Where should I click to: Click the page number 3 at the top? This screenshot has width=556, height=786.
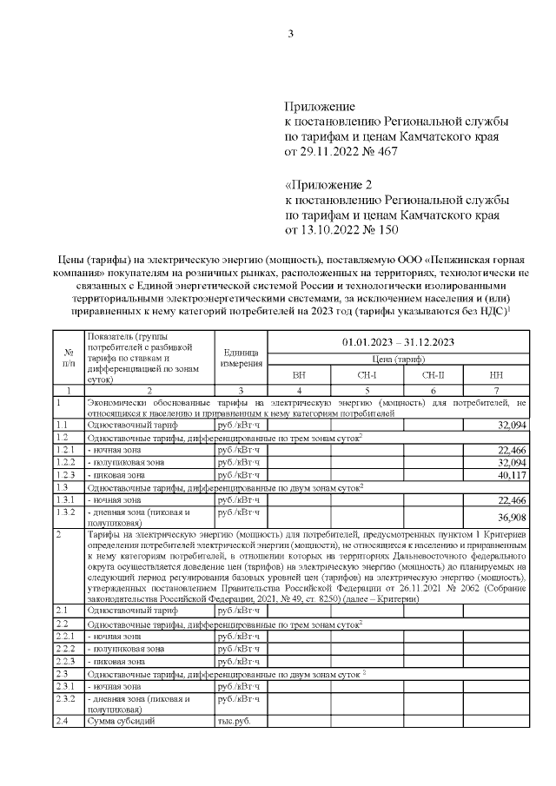pos(291,34)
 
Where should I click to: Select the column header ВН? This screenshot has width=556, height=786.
pos(299,375)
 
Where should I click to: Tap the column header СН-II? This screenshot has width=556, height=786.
pos(433,375)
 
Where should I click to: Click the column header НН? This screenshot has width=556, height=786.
pos(495,375)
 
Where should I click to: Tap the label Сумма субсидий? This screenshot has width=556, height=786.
pos(122,721)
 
